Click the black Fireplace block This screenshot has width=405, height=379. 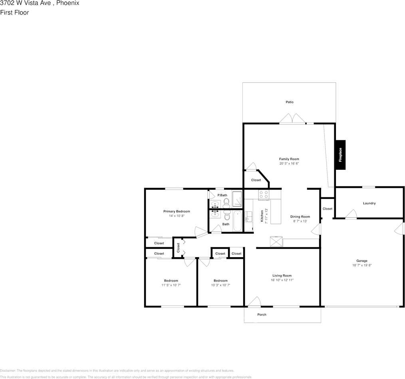click(340, 155)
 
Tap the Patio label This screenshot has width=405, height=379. click(290, 102)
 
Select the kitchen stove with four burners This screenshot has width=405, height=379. click(264, 194)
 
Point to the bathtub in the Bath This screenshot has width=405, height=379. click(238, 221)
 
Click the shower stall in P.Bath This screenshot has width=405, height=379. click(237, 199)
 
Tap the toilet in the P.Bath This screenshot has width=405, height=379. click(226, 201)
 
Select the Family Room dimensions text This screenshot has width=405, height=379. click(289, 164)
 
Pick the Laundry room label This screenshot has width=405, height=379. click(369, 203)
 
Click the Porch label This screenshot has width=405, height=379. click(262, 315)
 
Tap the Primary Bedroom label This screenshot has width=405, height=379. click(177, 211)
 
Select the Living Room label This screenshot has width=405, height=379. click(282, 276)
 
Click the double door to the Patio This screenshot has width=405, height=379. click(292, 119)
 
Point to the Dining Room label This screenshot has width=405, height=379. click(300, 217)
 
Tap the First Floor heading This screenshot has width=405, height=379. click(14, 12)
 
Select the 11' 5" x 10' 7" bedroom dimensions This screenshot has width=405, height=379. click(171, 285)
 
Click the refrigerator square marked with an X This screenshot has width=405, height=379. click(276, 242)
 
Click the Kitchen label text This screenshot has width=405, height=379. click(262, 216)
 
